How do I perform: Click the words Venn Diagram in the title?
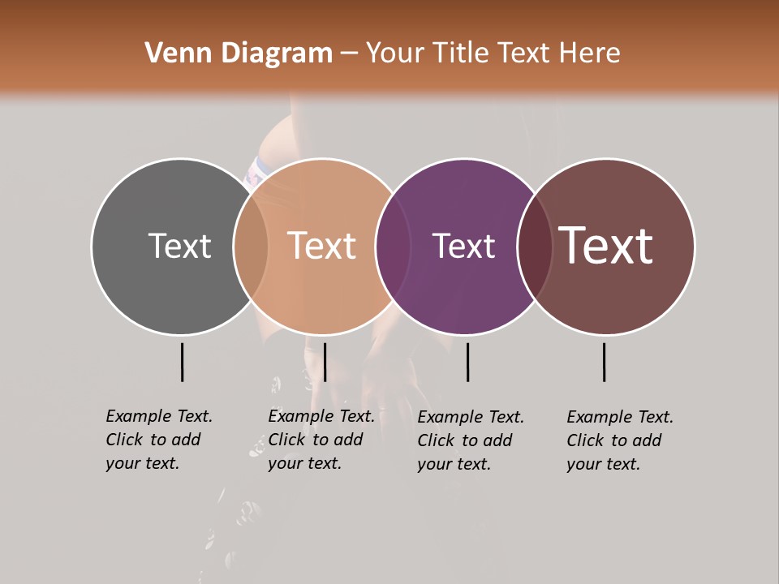pyautogui.click(x=239, y=54)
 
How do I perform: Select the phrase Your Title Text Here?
pyautogui.click(x=493, y=54)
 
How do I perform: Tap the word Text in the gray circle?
pyautogui.click(x=179, y=246)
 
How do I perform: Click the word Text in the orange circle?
pyautogui.click(x=322, y=246)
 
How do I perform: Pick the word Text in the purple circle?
pyautogui.click(x=463, y=246)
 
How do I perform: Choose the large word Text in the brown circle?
pyautogui.click(x=606, y=245)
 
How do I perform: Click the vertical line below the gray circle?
pyautogui.click(x=182, y=362)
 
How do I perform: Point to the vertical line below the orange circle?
pyautogui.click(x=325, y=362)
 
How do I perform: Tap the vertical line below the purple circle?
pyautogui.click(x=467, y=362)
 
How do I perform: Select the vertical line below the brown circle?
pyautogui.click(x=605, y=362)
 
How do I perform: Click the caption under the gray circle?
pyautogui.click(x=159, y=440)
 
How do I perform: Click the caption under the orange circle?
pyautogui.click(x=321, y=440)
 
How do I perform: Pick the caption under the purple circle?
pyautogui.click(x=471, y=440)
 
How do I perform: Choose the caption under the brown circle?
pyautogui.click(x=620, y=440)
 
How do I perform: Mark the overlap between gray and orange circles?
pyautogui.click(x=251, y=246)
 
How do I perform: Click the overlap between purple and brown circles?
pyautogui.click(x=534, y=246)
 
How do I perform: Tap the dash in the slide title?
pyautogui.click(x=349, y=54)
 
